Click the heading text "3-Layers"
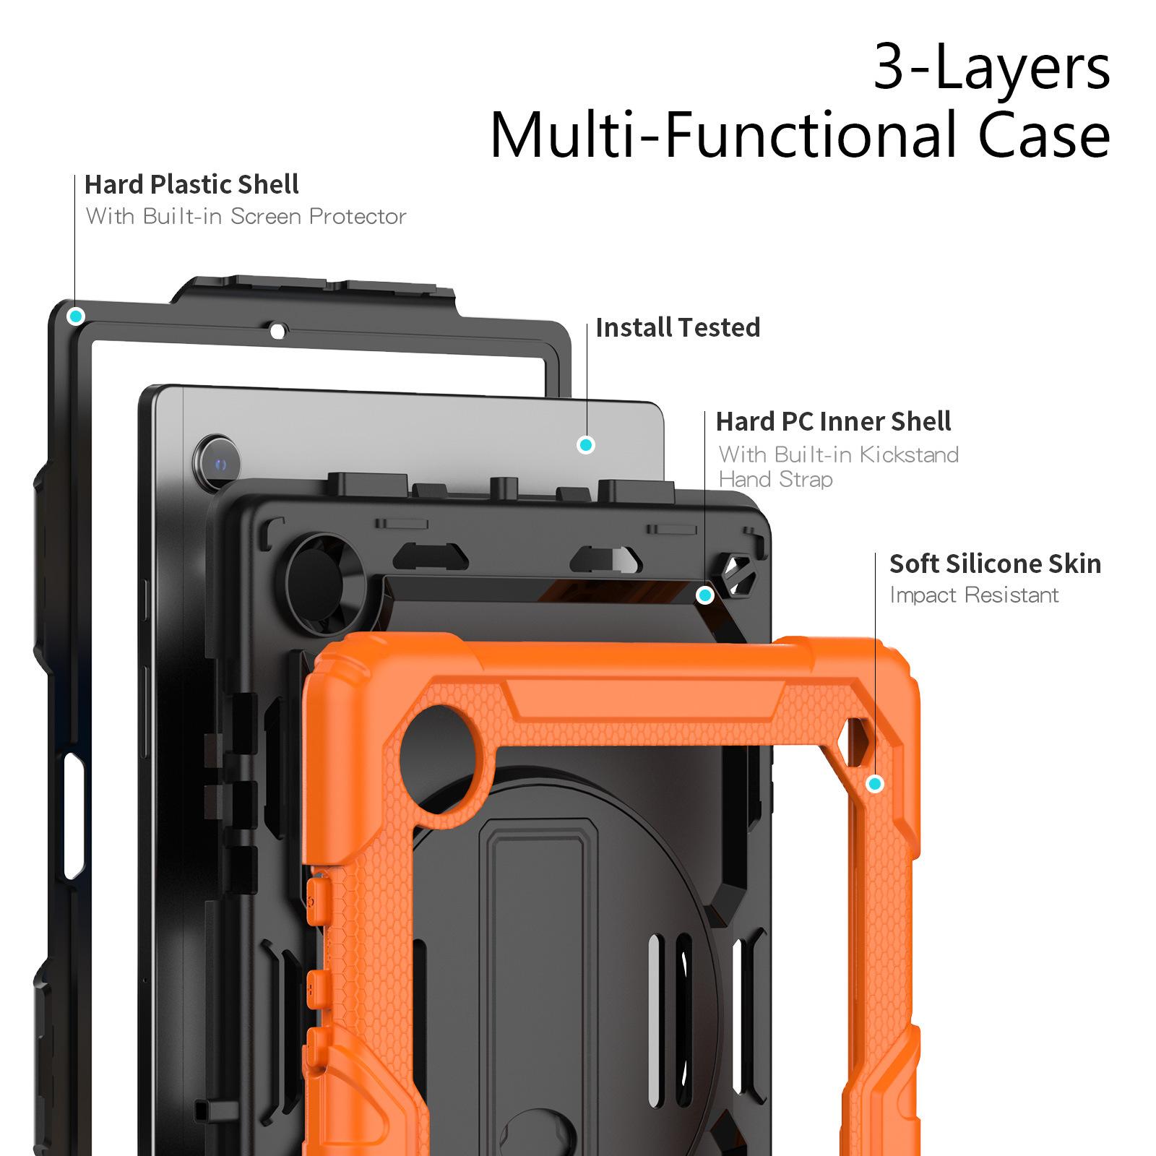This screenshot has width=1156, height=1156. (x=991, y=66)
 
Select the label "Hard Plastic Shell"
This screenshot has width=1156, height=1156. (x=191, y=185)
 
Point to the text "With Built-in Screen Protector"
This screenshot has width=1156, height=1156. (x=246, y=216)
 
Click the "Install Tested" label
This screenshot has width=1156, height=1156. (x=678, y=328)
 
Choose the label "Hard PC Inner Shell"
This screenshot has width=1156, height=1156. (x=833, y=421)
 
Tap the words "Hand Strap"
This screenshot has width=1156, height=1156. (x=775, y=479)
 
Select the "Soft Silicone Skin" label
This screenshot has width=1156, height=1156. (x=995, y=564)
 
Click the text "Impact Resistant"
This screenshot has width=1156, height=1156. (x=973, y=595)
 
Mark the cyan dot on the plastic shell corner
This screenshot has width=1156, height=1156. (x=76, y=316)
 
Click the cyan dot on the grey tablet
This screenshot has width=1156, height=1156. (x=586, y=445)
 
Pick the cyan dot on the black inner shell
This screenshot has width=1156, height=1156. (x=705, y=595)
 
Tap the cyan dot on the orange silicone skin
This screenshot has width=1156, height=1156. (x=875, y=784)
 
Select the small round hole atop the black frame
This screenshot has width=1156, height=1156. (x=277, y=332)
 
